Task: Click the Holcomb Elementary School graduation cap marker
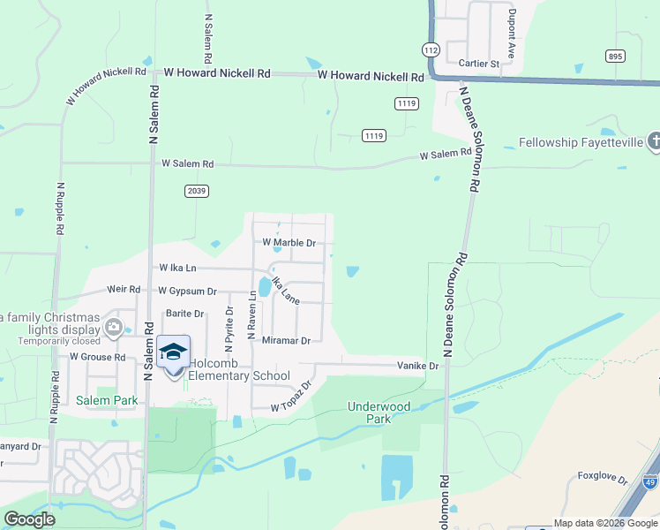(x=174, y=352)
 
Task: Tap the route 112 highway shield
(x=431, y=50)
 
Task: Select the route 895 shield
(x=616, y=56)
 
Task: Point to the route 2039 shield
(x=196, y=191)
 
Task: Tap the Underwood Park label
(x=379, y=413)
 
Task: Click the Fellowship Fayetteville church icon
(x=654, y=141)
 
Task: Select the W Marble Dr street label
(x=289, y=243)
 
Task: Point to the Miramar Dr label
(x=287, y=340)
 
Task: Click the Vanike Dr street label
(x=417, y=365)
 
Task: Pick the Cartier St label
(x=478, y=64)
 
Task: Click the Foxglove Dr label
(x=602, y=480)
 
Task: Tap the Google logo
(x=29, y=519)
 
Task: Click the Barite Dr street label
(x=184, y=314)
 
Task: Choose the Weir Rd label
(x=124, y=289)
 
